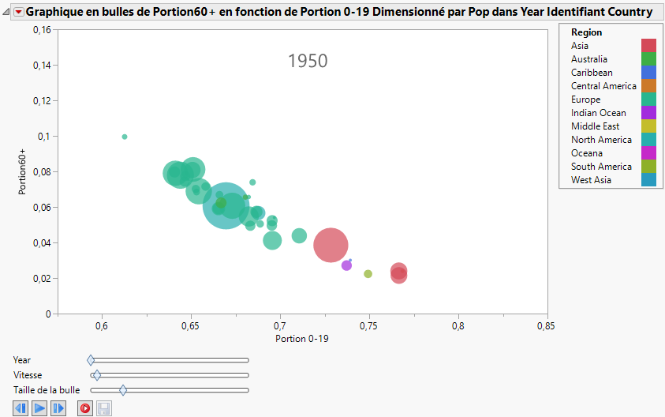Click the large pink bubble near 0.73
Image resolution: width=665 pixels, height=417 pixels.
(x=331, y=245)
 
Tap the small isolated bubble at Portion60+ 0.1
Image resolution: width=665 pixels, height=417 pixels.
(x=125, y=137)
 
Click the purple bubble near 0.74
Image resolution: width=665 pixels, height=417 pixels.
(x=346, y=265)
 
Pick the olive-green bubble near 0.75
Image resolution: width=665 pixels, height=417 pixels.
(x=368, y=274)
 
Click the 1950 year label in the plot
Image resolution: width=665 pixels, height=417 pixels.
(x=308, y=61)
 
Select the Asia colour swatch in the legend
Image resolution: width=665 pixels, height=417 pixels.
(x=648, y=46)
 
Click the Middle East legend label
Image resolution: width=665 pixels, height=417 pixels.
(x=595, y=126)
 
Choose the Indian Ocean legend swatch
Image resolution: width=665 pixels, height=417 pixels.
(x=648, y=113)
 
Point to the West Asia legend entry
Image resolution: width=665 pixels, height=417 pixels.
(x=591, y=180)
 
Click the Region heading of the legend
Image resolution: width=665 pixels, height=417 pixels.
(x=586, y=32)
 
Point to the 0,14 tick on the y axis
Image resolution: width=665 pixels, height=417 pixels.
(x=39, y=65)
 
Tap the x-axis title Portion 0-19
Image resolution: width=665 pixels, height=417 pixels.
(x=302, y=339)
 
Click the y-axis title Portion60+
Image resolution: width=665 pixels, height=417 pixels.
(x=23, y=171)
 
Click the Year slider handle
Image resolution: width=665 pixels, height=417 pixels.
(x=91, y=360)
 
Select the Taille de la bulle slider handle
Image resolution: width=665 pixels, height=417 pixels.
(x=123, y=389)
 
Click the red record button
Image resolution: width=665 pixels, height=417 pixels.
(x=84, y=408)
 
